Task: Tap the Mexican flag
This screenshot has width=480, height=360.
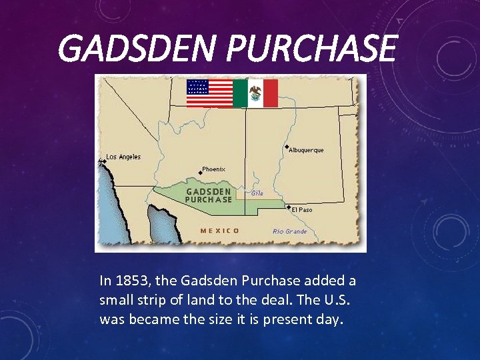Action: (255, 93)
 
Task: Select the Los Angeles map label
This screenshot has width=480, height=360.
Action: (124, 157)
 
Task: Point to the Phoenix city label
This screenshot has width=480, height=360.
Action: (214, 169)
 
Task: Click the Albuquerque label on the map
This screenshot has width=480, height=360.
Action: (307, 150)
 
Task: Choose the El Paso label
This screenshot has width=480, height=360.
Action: (302, 209)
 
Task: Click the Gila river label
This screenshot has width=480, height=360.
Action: (257, 193)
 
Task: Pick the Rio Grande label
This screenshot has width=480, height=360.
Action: (290, 231)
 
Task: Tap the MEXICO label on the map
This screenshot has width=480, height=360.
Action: (220, 231)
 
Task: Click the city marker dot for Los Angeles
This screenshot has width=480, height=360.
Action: (105, 161)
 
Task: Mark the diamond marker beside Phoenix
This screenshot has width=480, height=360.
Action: (201, 173)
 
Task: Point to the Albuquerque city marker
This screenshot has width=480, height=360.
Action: (287, 147)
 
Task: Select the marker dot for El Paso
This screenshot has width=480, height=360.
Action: (289, 207)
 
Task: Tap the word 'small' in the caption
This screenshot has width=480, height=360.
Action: (116, 300)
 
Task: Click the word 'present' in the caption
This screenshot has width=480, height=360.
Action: (289, 319)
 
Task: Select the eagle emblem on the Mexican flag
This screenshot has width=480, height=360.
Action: (255, 93)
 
